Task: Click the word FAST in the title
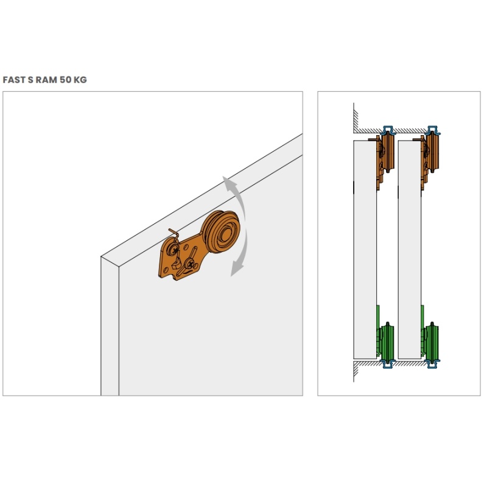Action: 14,80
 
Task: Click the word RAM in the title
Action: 47,80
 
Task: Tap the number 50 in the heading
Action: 66,80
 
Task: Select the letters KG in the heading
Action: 80,80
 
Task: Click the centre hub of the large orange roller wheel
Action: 226,232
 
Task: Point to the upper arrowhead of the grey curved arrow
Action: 229,183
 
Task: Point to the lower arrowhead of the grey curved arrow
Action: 237,268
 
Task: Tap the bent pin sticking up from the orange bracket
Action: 174,234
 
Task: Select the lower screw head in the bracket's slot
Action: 189,264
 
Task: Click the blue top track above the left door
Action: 388,130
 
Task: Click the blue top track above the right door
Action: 433,130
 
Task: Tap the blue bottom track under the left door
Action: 388,364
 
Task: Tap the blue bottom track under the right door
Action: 433,364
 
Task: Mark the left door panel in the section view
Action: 365,250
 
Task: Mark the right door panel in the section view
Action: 410,250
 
